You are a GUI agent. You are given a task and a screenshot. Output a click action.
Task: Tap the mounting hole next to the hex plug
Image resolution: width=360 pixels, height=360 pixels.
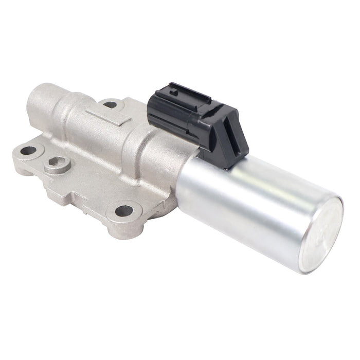(x=28, y=151)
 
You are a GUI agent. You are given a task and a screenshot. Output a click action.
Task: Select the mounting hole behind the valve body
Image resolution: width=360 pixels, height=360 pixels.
(x=110, y=104)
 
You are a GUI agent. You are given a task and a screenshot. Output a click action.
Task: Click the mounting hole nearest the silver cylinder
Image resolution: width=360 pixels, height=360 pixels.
(x=124, y=210)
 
